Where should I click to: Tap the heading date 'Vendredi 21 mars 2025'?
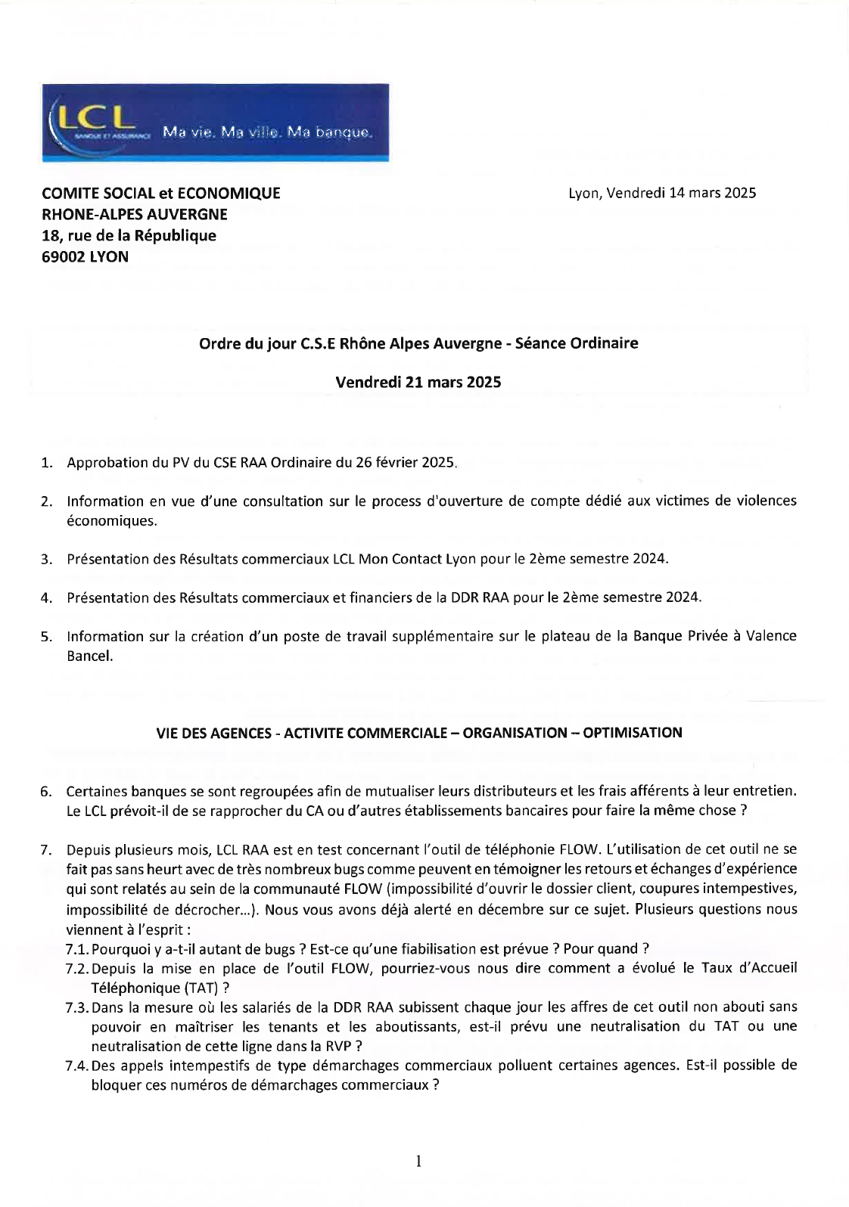click(418, 382)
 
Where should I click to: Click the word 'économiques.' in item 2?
click(112, 520)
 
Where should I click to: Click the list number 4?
click(46, 598)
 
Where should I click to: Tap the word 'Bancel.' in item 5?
click(90, 656)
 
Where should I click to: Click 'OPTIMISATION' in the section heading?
click(638, 732)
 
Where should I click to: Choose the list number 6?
click(46, 792)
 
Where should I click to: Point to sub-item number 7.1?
click(77, 948)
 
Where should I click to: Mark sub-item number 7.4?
click(77, 1066)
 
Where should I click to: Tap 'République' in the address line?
click(179, 235)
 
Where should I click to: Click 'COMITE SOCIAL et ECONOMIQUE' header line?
click(161, 193)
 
